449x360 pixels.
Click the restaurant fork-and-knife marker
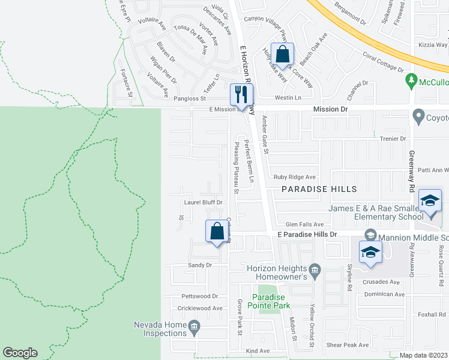point(242,94)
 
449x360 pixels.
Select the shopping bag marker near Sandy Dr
point(216,232)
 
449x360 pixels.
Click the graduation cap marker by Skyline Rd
point(371,253)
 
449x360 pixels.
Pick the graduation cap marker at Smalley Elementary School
point(430,201)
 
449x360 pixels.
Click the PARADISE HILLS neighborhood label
point(316,189)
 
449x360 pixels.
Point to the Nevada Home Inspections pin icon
point(194,327)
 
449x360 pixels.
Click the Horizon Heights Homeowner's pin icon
point(314,269)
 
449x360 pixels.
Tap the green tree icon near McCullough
point(411,80)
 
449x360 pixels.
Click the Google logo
point(20,353)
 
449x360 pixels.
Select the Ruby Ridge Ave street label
point(294,177)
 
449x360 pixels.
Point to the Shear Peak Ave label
point(348,345)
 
